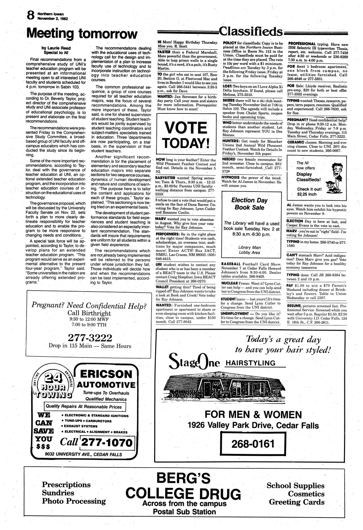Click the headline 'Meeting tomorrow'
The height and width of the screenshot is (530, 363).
click(81, 33)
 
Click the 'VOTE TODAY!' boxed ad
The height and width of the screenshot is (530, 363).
click(186, 135)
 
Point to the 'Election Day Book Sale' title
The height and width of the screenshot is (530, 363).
click(249, 203)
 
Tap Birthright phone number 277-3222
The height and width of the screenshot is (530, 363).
click(90, 337)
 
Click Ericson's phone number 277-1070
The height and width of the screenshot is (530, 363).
click(107, 443)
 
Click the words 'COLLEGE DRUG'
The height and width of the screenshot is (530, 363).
click(183, 494)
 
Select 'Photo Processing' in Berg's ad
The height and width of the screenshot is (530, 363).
click(74, 501)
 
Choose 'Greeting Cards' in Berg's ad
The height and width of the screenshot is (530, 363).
click(297, 502)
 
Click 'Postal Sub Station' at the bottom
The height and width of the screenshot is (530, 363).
click(185, 512)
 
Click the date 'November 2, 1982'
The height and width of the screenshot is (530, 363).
click(50, 18)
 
